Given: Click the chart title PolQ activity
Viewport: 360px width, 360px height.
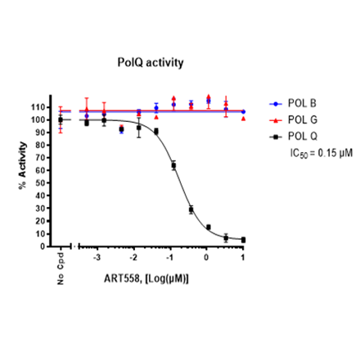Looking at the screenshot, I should click(148, 61).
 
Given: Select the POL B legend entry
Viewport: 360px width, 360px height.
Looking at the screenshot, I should click(300, 104).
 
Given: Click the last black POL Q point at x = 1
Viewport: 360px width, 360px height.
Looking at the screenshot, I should click(243, 240).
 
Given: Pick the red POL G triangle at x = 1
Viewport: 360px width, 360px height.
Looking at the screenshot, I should click(243, 118).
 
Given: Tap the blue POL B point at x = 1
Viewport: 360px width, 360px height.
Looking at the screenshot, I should click(243, 111).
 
